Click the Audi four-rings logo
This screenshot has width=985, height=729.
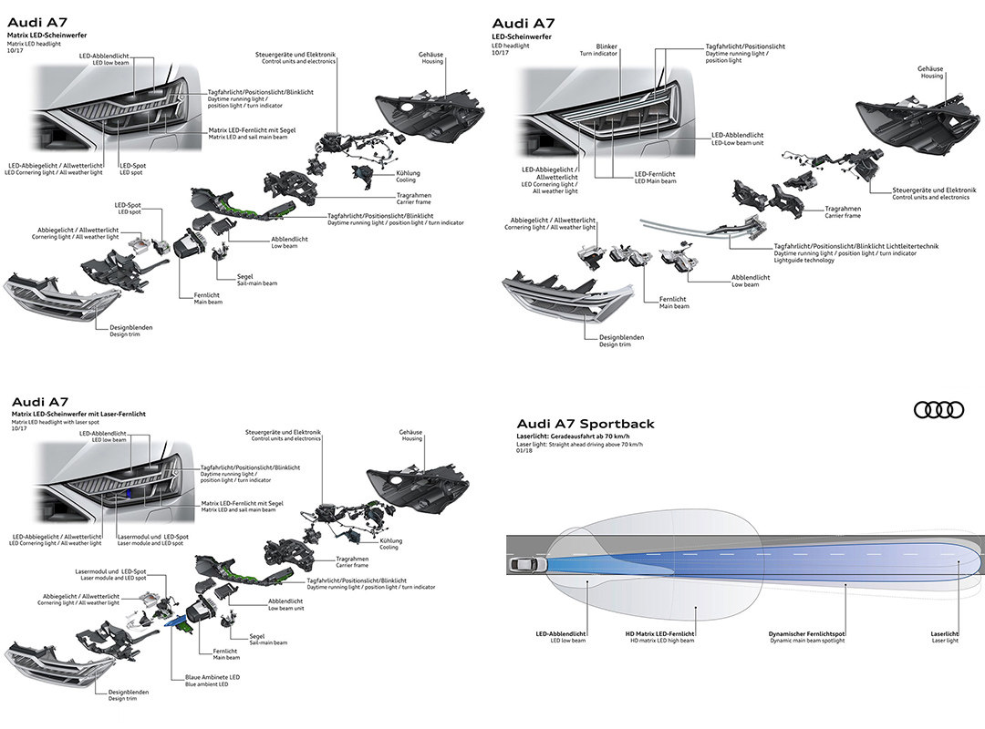[x=938, y=410]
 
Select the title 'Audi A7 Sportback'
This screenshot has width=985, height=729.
[x=585, y=424]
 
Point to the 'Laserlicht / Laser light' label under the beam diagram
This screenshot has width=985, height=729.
[x=946, y=636]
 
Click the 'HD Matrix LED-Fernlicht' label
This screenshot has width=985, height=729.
[x=659, y=633]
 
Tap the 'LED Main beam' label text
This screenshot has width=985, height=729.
[x=656, y=180]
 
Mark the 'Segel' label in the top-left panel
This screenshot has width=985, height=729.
[x=244, y=276]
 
